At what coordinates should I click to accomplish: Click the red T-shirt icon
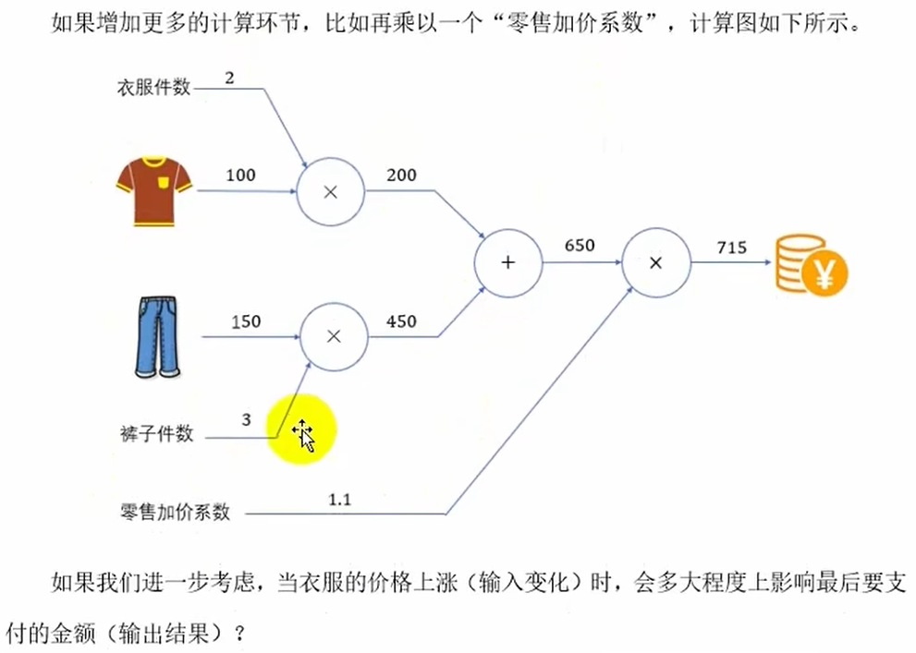tap(153, 189)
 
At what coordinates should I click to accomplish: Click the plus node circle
tap(507, 262)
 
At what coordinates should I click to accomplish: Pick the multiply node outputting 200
tap(330, 191)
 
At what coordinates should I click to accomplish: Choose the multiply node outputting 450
tap(334, 337)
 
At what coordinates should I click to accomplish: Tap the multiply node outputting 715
tap(655, 262)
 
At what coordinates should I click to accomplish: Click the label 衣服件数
tap(153, 88)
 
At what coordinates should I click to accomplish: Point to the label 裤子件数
tap(156, 432)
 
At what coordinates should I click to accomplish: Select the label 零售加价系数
tap(175, 511)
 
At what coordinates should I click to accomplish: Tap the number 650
tap(580, 246)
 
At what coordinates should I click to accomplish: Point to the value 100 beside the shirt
tap(241, 175)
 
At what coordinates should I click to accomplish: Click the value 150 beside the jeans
tap(246, 321)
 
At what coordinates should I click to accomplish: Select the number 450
tap(401, 321)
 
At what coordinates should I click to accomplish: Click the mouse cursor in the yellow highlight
tap(303, 435)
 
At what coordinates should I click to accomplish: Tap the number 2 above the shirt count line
tap(229, 77)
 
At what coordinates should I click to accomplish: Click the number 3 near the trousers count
tap(246, 419)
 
